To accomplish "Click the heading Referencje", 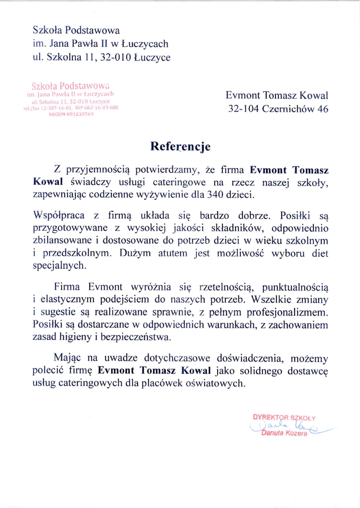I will tap(180, 146).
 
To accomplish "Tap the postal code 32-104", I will tap(243, 108).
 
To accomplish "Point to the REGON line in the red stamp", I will tap(71, 114).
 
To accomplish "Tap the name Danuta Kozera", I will tap(284, 433).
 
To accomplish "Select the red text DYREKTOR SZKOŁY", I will tap(284, 417).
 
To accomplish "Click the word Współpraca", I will tap(59, 215).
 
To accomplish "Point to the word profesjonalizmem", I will tap(287, 312).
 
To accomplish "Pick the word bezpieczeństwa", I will tap(136, 337).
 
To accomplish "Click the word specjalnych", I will tap(59, 266).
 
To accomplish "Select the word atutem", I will tap(172, 253).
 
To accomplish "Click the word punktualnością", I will tap(295, 287).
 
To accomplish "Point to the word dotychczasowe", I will tap(177, 358).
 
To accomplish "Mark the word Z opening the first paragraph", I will tap(57, 170).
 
